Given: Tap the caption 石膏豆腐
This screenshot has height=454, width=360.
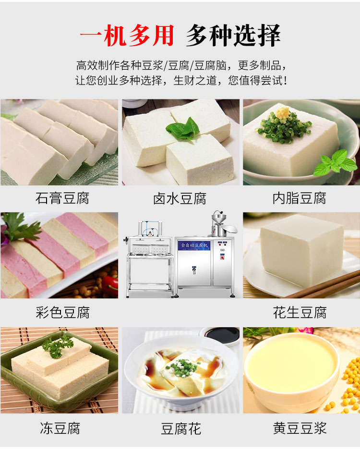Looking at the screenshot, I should pos(62,198).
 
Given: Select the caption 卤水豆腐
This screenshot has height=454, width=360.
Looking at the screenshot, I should pos(180,198).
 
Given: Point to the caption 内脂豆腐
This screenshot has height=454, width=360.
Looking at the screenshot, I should pos(300,198).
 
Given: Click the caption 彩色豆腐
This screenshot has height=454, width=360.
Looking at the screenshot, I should pos(62,313).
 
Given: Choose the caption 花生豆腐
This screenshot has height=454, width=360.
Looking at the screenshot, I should pos(300,313).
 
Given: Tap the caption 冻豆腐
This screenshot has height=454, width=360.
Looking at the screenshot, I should pos(60,428).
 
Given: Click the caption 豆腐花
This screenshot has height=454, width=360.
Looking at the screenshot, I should pos(180,428).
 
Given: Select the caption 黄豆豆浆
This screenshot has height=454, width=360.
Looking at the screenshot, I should pos(300,428).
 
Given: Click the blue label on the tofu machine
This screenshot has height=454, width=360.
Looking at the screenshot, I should pos(195,245).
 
